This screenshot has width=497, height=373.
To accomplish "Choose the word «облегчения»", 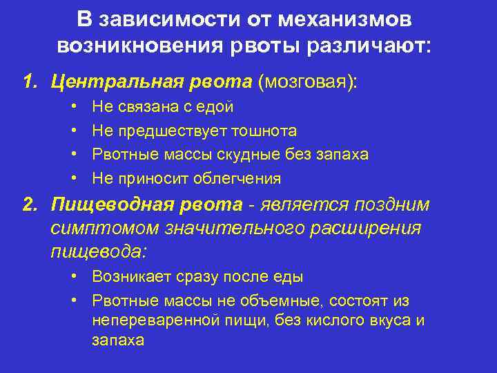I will pos(241,178).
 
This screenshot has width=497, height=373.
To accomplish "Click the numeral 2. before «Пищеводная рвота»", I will pos(30,205).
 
